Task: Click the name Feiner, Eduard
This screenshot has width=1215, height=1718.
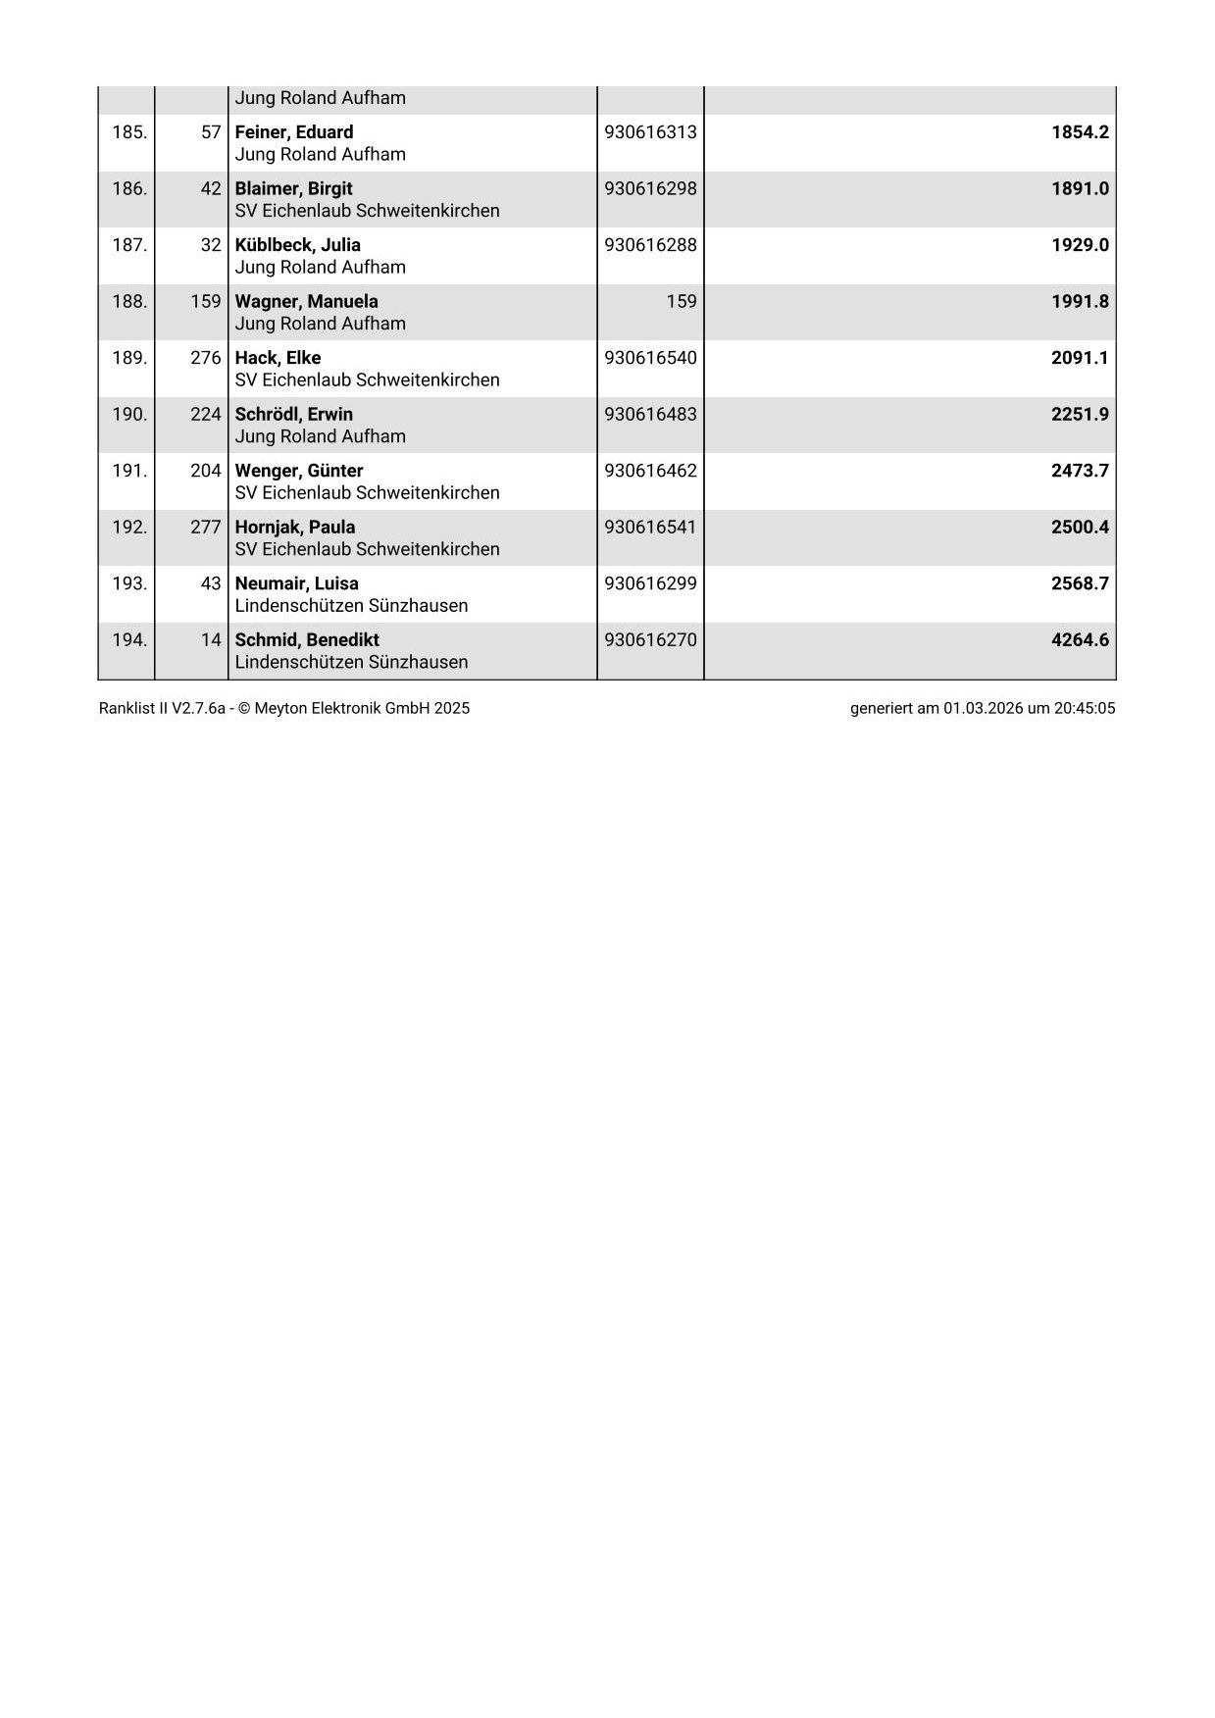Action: click(x=294, y=132)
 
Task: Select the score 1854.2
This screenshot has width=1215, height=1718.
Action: click(x=1080, y=132)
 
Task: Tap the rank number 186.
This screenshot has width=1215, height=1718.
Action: click(x=129, y=188)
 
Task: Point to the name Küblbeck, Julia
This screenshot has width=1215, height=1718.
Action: click(x=298, y=245)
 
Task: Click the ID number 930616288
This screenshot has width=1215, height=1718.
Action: click(x=650, y=245)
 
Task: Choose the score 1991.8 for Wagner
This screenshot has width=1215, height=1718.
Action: click(x=1080, y=301)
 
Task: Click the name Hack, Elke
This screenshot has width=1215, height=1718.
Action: click(x=278, y=358)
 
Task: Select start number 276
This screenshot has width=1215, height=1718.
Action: click(x=206, y=358)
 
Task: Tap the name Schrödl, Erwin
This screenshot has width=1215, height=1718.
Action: click(x=294, y=414)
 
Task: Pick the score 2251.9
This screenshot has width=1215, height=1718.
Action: click(x=1080, y=414)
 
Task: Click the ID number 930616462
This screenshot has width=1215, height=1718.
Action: click(x=650, y=471)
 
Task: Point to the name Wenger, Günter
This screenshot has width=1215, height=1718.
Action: click(x=299, y=471)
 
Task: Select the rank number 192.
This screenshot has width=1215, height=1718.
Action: click(x=129, y=527)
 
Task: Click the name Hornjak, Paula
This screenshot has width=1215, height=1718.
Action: click(x=295, y=527)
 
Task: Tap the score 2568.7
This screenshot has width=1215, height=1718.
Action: click(x=1080, y=583)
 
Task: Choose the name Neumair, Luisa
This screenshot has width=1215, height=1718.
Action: click(x=297, y=583)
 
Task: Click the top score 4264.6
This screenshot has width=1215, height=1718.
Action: click(x=1080, y=639)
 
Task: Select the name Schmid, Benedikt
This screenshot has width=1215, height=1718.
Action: click(x=307, y=639)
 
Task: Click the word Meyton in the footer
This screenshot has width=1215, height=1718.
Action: click(x=281, y=708)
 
